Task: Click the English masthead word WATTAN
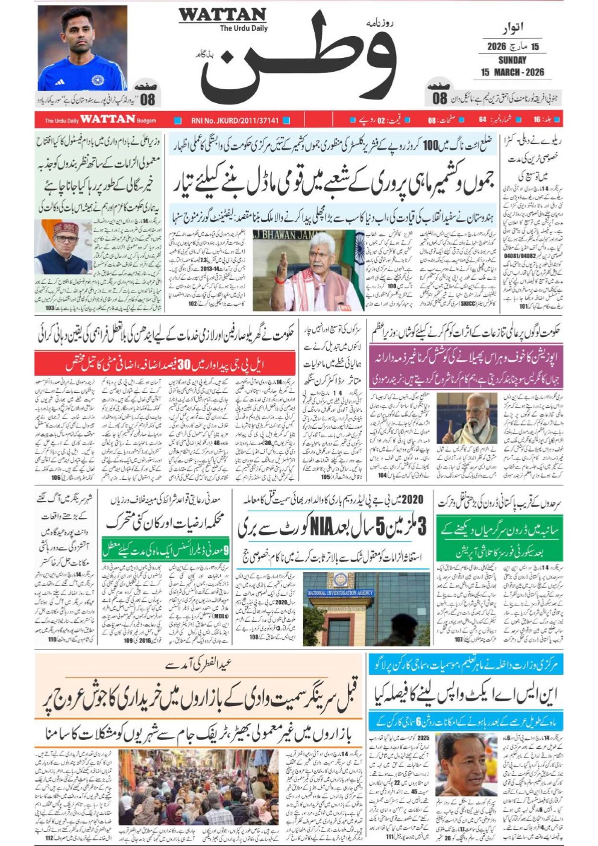coord(222,15)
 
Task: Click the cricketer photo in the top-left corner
coord(82,48)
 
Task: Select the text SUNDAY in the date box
coord(512,60)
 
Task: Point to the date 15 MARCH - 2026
coord(512,72)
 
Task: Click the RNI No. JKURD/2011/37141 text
coord(235,121)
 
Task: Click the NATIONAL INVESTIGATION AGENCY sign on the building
coord(341,593)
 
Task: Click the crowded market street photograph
coord(198,787)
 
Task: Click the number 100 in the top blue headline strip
coord(430,145)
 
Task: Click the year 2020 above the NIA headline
coord(412,499)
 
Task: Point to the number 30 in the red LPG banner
coord(183,364)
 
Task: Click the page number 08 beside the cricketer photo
coord(148,99)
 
